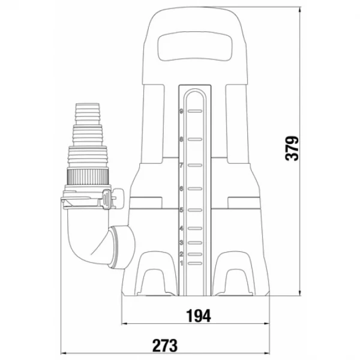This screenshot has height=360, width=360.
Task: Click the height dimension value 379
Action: pyautogui.click(x=292, y=149)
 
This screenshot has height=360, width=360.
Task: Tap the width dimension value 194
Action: pyautogui.click(x=199, y=316)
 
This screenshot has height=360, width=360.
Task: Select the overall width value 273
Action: pyautogui.click(x=165, y=346)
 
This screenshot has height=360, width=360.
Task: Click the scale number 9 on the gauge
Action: pyautogui.click(x=182, y=112)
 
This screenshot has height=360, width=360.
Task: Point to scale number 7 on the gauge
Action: pyautogui.click(x=181, y=166)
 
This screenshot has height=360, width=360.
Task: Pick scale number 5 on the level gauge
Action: pyautogui.click(x=181, y=210)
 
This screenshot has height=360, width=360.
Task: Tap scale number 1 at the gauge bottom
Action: pyautogui.click(x=182, y=263)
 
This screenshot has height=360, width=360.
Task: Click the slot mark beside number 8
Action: pyautogui.click(x=195, y=139)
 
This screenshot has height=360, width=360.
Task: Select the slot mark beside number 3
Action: pyautogui.click(x=195, y=242)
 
